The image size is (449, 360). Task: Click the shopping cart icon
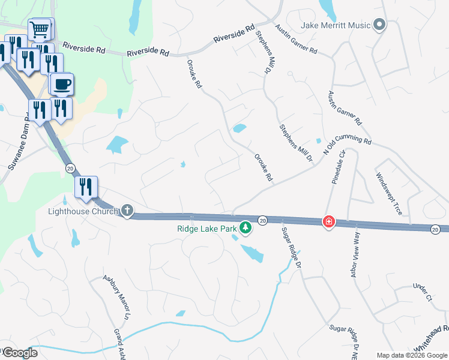pyautogui.click(x=40, y=29)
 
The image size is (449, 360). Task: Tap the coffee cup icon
pyautogui.click(x=61, y=84)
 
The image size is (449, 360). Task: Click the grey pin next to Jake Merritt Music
pyautogui.click(x=379, y=25)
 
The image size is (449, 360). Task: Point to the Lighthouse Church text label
pyautogui.click(x=84, y=211)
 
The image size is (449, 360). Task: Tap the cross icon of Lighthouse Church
pyautogui.click(x=127, y=211)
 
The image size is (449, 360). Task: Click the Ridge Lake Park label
pyautogui.click(x=207, y=228)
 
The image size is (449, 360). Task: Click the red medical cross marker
pyautogui.click(x=328, y=222)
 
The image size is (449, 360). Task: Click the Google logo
pyautogui.click(x=19, y=353)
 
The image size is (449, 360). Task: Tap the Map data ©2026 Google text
pyautogui.click(x=411, y=355)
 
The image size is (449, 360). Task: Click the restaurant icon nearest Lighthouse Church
pyautogui.click(x=86, y=187)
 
